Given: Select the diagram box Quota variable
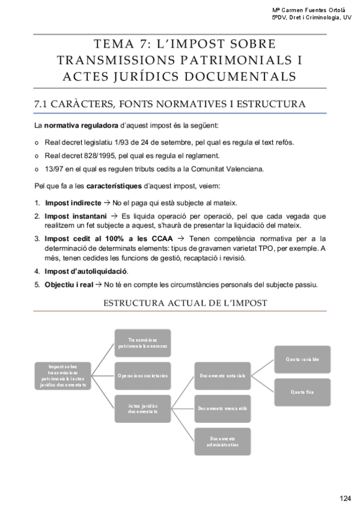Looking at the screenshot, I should (302, 359).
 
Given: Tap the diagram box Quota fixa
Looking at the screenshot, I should (302, 392).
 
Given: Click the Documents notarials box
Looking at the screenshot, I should (222, 375).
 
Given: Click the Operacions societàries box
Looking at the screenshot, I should (142, 375).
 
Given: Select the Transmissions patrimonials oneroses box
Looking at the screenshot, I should (142, 343).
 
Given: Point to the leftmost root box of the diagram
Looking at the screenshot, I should (64, 375).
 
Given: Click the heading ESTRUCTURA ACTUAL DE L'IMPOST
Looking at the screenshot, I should (186, 303).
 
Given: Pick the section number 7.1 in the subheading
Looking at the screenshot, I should (43, 104).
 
